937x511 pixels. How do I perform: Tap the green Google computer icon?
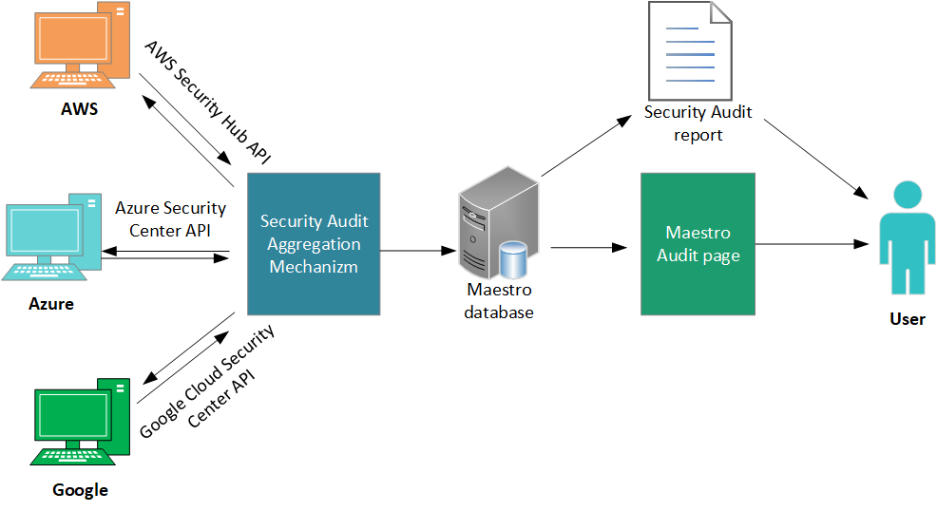tap(82, 422)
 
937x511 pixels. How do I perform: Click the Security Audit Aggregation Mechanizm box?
tap(314, 244)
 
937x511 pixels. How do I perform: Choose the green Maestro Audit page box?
tap(698, 244)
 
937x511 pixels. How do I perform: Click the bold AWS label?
tap(80, 108)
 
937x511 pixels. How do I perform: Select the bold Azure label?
tap(50, 304)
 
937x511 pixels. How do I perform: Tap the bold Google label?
tap(81, 490)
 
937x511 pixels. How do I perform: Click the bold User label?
tap(907, 319)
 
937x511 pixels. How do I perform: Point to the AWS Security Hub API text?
tap(207, 103)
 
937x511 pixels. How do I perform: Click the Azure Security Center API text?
tap(171, 218)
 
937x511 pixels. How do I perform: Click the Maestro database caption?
tap(499, 300)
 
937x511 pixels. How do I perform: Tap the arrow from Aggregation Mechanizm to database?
tap(418, 251)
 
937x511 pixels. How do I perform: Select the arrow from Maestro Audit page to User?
tap(813, 244)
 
